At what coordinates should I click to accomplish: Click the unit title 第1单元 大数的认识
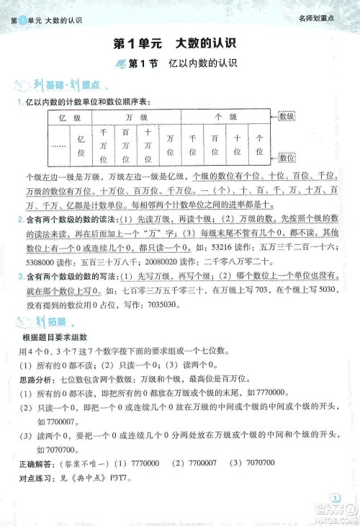point(179,44)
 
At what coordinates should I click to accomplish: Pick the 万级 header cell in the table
point(136,117)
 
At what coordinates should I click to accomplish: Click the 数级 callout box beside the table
point(287,116)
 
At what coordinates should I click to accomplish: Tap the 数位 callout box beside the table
point(287,157)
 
